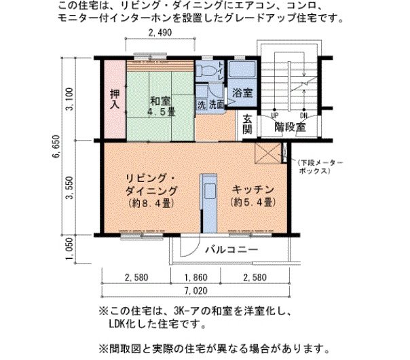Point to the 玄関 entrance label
tap(246, 123)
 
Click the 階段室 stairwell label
tap(290, 127)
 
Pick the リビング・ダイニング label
tap(151, 190)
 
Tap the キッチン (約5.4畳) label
tap(253, 195)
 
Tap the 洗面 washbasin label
tap(216, 105)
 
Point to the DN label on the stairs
tap(303, 115)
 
